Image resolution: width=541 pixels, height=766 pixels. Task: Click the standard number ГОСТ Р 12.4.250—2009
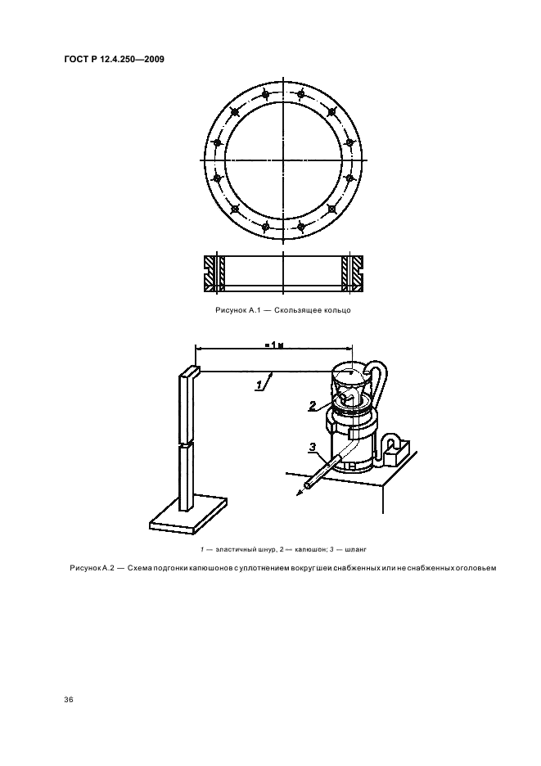(x=114, y=60)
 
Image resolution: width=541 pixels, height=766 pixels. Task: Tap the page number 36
(x=69, y=700)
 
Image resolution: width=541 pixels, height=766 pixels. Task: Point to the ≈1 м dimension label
(x=274, y=345)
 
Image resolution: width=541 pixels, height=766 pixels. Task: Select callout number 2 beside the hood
(x=313, y=405)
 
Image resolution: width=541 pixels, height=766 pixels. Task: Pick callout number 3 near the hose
(x=313, y=447)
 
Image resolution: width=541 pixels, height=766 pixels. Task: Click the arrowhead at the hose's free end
(x=299, y=493)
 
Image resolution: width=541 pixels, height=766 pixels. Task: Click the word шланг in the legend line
(x=355, y=550)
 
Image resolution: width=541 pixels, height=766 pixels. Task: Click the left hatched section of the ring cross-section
(x=214, y=274)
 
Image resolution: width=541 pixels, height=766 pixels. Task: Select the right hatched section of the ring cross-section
(x=353, y=274)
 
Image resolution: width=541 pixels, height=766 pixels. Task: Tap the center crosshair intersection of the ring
(x=283, y=160)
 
